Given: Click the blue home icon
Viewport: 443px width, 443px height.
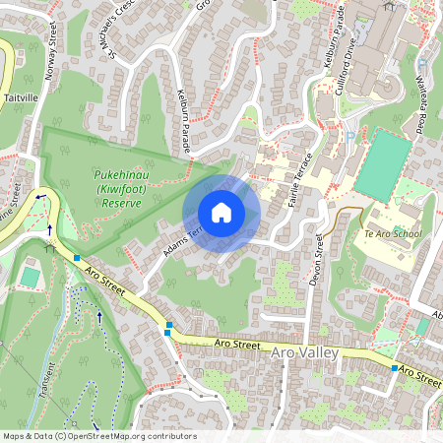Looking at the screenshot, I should coord(221,213).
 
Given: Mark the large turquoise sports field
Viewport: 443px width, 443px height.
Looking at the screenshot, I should coord(383,165).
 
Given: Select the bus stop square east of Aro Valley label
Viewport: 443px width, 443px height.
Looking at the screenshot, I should coord(394,368).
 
